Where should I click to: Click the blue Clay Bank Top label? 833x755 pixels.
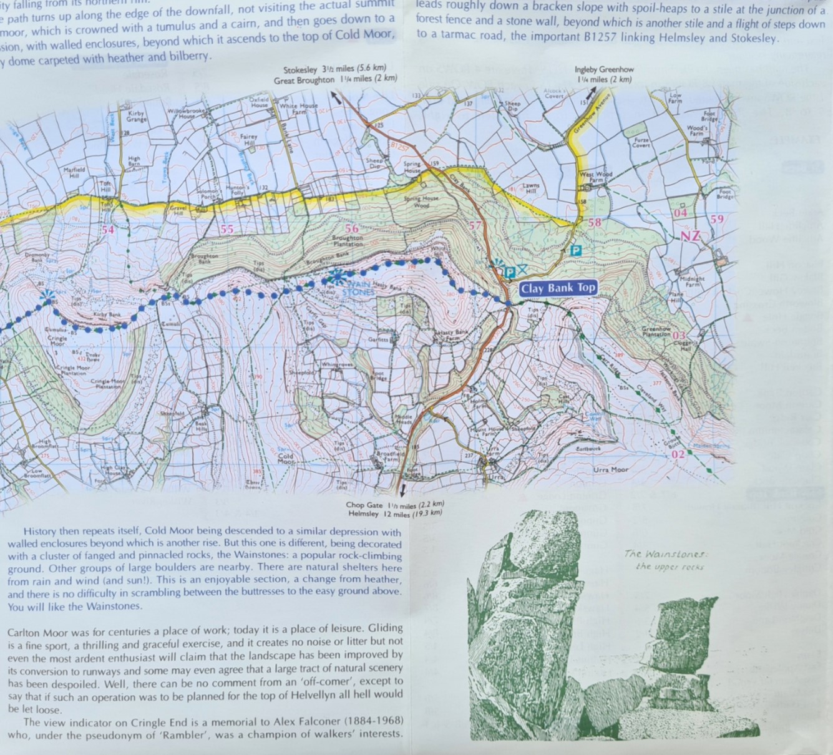click(x=558, y=288)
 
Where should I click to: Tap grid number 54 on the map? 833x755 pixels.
click(x=108, y=230)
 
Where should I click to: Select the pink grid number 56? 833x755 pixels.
click(x=353, y=229)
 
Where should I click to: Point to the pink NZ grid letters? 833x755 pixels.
click(x=690, y=236)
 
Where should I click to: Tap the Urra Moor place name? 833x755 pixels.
click(x=611, y=469)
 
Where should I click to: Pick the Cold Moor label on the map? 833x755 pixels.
click(x=285, y=459)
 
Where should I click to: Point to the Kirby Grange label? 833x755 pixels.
click(x=136, y=117)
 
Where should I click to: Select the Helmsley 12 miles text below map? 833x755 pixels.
click(x=396, y=514)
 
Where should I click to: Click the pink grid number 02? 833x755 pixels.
click(x=678, y=454)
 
